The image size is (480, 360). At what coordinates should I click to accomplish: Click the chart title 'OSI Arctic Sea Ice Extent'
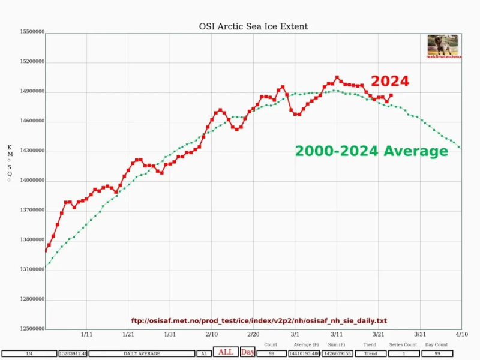point(253,26)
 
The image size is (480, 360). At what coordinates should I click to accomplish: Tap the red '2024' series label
point(389,81)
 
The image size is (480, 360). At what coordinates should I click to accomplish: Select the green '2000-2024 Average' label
point(371,151)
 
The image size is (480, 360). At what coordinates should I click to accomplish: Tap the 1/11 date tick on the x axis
point(86,334)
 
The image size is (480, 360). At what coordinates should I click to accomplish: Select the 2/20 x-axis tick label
point(253,334)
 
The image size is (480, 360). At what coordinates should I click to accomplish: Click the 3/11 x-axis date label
point(337,334)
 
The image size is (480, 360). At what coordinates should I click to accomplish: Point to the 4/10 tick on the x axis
point(461,334)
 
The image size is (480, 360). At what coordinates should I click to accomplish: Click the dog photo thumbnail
point(442,44)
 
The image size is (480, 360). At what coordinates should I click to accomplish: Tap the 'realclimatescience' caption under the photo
point(442,57)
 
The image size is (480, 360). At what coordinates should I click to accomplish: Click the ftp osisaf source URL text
point(259,321)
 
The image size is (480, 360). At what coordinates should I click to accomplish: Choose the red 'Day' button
point(248,352)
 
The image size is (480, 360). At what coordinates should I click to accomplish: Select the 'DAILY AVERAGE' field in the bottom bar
point(142,354)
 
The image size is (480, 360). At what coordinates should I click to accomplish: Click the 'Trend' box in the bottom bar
point(371,354)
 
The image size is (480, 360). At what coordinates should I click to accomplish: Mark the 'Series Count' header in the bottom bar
point(403,345)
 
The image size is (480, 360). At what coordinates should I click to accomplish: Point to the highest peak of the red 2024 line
point(337,77)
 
